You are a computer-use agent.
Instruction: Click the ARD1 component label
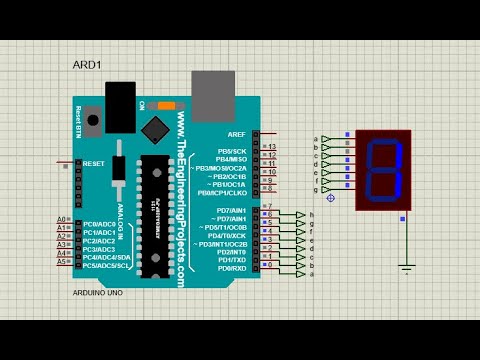coord(86,65)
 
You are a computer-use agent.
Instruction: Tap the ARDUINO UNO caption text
coord(99,292)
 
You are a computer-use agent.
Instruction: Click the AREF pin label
coord(236,134)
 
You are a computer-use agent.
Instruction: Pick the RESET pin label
coord(94,163)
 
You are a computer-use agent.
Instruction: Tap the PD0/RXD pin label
coord(231,268)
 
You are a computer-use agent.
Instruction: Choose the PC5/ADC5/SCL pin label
coord(107,265)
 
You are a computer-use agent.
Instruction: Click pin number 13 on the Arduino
coord(271,147)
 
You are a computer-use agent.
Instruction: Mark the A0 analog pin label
coord(61,219)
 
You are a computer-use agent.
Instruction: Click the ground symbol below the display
coord(406,267)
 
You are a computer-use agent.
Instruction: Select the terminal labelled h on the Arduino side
coord(312,214)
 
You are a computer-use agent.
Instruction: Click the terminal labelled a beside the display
coord(316,139)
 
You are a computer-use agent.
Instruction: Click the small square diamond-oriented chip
coord(155,129)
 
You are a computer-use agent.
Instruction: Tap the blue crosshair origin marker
coord(331,198)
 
